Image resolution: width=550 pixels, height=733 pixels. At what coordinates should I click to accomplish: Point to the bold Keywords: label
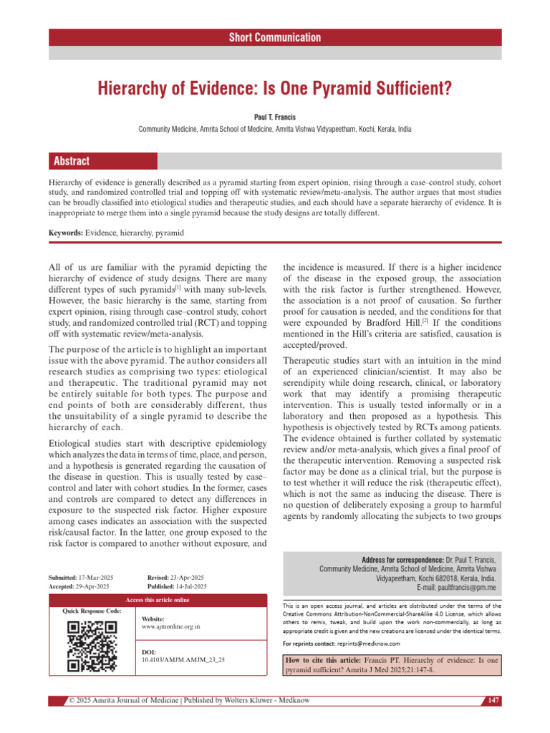65,233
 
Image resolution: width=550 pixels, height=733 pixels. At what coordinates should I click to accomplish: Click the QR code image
92,646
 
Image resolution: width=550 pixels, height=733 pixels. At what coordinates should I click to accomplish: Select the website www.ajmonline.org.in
171,626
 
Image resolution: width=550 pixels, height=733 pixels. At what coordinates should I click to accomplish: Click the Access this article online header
158,599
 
